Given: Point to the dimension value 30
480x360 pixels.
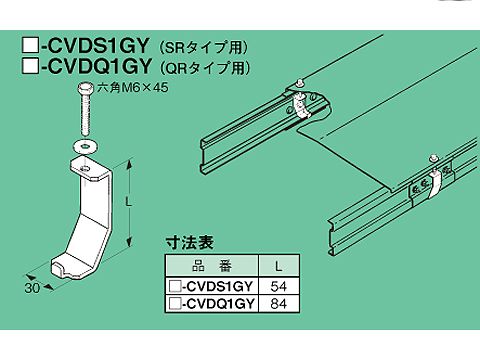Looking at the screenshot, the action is [32, 288].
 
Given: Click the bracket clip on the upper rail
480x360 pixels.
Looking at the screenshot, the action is [301, 105].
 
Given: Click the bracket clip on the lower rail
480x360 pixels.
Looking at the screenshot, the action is [432, 184].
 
